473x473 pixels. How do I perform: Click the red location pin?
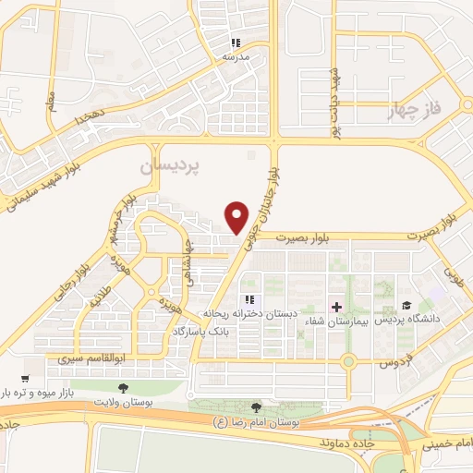point(238,216)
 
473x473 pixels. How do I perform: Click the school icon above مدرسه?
point(236,43)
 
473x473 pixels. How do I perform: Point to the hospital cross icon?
point(335,306)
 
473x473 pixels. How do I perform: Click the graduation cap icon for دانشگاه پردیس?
point(406,306)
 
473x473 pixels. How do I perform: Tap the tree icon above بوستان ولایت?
point(124,388)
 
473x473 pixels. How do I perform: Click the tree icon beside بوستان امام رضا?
point(256,407)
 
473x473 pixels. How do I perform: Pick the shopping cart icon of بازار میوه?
point(24,379)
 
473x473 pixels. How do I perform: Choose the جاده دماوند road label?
point(343,443)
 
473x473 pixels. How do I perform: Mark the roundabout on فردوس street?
point(348,361)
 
